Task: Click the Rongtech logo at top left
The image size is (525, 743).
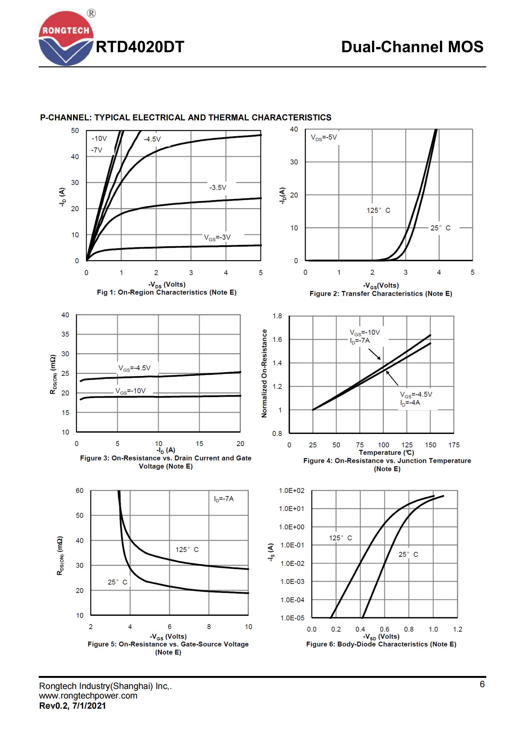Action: [x=66, y=38]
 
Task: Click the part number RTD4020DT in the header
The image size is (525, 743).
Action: [x=140, y=47]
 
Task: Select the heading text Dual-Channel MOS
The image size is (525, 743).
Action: [x=412, y=47]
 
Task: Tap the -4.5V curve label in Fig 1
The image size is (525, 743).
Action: [x=152, y=139]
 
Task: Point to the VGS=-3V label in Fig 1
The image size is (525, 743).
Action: [x=217, y=238]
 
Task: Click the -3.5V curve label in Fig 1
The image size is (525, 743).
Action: [x=217, y=187]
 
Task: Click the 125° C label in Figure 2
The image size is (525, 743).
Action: [x=378, y=210]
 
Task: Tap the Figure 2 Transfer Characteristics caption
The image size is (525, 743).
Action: [x=381, y=294]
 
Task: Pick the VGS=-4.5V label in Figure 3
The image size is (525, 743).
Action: [x=134, y=368]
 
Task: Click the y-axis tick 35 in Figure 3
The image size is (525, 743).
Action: [x=65, y=334]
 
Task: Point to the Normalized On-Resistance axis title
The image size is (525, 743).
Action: [x=264, y=374]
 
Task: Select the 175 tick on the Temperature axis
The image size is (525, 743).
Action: [x=454, y=445]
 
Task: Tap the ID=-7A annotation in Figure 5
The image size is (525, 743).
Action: [x=223, y=499]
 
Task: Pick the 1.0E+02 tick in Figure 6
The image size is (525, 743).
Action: [x=292, y=490]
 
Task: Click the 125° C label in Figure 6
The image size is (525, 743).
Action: [x=340, y=538]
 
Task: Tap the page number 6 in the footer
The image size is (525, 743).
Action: [x=482, y=684]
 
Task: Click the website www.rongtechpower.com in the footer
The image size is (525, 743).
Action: [x=88, y=695]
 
